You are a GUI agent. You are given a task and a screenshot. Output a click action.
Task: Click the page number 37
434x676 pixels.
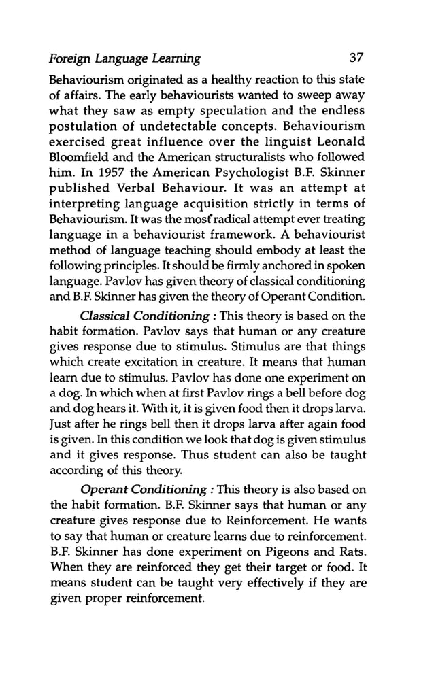tap(356, 58)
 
